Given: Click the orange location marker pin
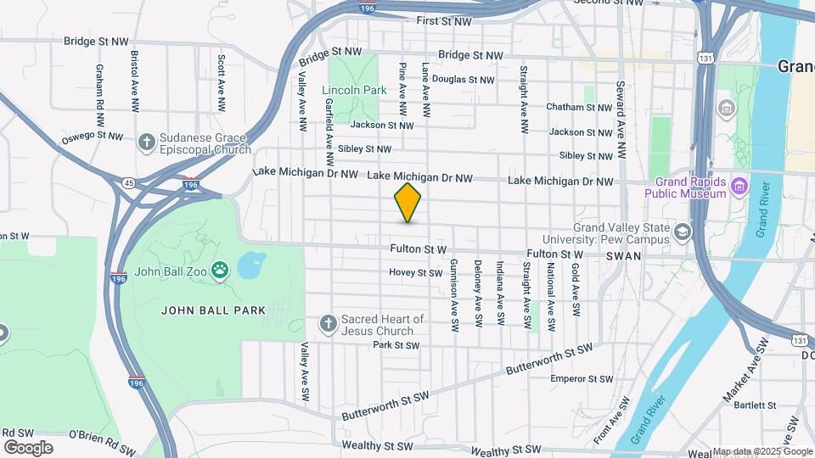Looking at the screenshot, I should point(407,203).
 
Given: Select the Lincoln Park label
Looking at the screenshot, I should point(354,90).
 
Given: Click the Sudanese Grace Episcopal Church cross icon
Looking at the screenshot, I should point(147,142).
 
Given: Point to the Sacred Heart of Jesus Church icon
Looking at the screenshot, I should point(329,323).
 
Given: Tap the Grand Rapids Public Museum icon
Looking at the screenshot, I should point(739,186).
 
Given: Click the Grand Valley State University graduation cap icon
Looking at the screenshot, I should point(683,232).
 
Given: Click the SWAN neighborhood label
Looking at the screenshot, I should point(623,254).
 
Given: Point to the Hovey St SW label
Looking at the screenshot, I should point(415,273).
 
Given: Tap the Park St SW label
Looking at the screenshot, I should point(396,345).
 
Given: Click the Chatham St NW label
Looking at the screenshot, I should point(579,108).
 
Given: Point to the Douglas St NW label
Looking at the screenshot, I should point(463,80).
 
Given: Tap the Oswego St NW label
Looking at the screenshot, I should point(93,136).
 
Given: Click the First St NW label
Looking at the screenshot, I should point(443,20).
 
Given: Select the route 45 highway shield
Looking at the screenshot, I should point(128,182).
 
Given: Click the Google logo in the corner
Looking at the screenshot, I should point(28,448).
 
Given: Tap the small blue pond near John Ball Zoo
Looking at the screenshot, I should point(250,266).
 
